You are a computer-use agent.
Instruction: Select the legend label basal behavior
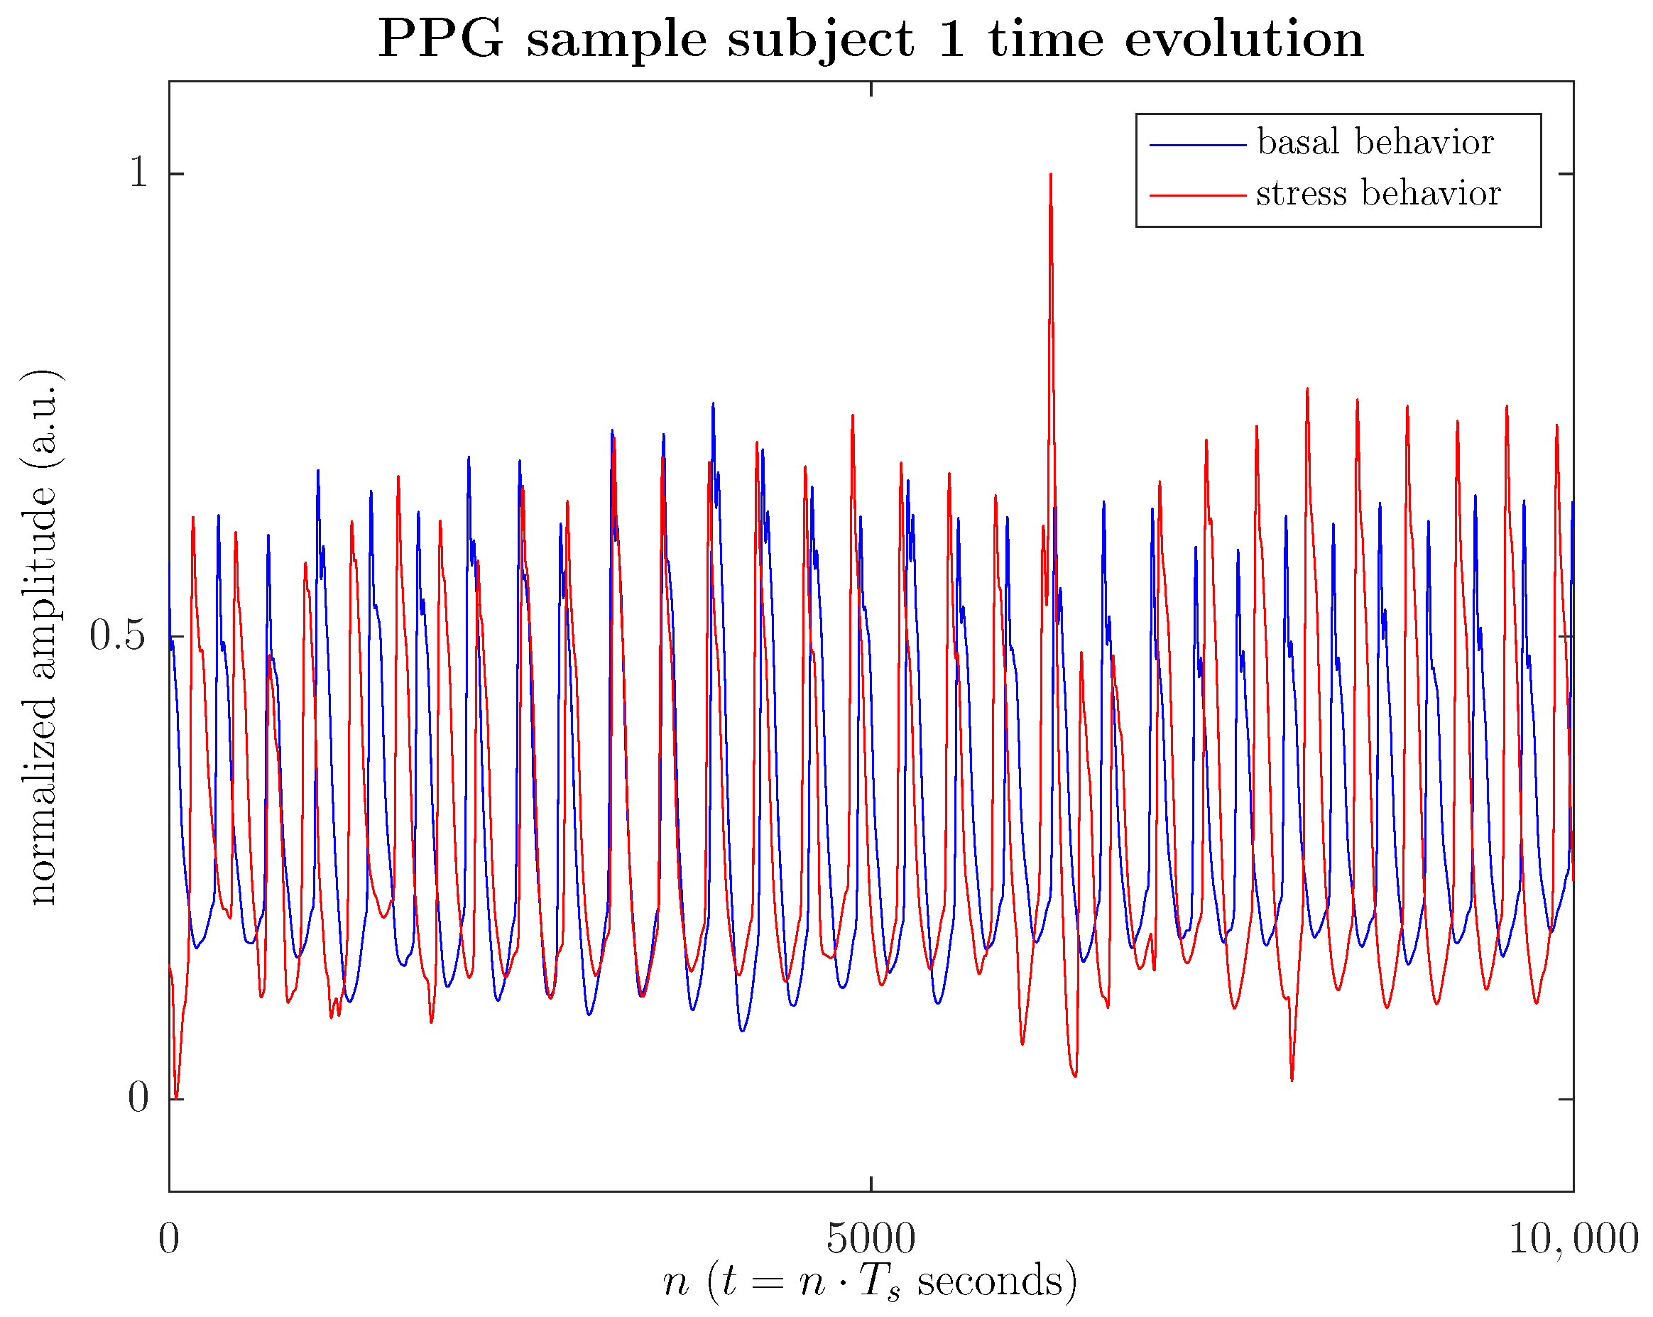click(1375, 143)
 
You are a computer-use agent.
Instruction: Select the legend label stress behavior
click(1377, 193)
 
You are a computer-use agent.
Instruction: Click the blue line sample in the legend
click(1198, 144)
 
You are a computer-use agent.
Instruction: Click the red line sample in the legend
click(1198, 195)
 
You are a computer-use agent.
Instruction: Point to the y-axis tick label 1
click(138, 173)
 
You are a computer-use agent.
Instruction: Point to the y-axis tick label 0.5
click(117, 635)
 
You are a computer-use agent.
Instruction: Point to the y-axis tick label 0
click(138, 1098)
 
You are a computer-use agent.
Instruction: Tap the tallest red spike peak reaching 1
click(1050, 176)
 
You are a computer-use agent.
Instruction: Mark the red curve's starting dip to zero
click(177, 1096)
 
